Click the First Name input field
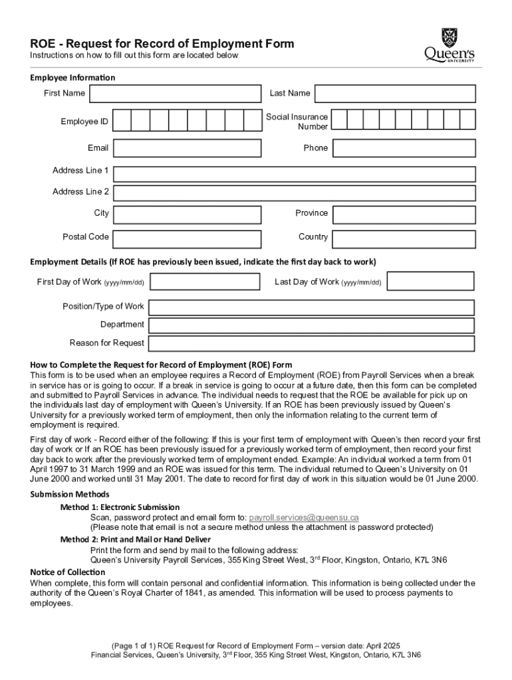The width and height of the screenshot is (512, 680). click(x=176, y=94)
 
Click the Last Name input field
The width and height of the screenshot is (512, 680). click(x=395, y=94)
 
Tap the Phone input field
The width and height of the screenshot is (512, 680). click(x=404, y=148)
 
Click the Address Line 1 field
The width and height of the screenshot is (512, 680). click(x=295, y=174)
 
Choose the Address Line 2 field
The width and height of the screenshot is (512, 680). click(x=295, y=193)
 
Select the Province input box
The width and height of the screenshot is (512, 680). click(x=404, y=214)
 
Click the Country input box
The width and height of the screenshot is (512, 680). click(x=404, y=237)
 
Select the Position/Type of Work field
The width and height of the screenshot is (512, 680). click(x=311, y=307)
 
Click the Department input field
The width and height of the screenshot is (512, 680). click(x=311, y=325)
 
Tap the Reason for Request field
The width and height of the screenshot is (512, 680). click(x=311, y=343)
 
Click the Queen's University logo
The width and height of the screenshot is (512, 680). click(x=450, y=45)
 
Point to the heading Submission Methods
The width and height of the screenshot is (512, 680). click(x=70, y=495)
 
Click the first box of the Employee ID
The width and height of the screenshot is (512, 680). click(x=122, y=120)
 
